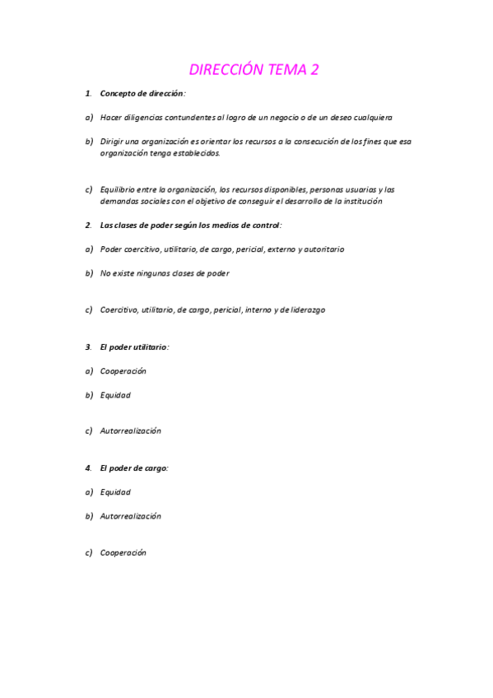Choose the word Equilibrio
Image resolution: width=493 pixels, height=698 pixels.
point(118,189)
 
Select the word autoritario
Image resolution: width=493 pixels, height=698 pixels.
point(324,249)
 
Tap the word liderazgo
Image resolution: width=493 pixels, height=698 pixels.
point(307,309)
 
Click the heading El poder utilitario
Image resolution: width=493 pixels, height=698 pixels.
point(134,347)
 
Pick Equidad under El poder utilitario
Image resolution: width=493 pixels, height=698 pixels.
point(115,395)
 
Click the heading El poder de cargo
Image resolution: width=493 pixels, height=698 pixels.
point(134,468)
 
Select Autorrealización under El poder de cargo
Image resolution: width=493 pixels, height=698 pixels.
point(130,516)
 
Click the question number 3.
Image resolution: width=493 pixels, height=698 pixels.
point(88,347)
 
